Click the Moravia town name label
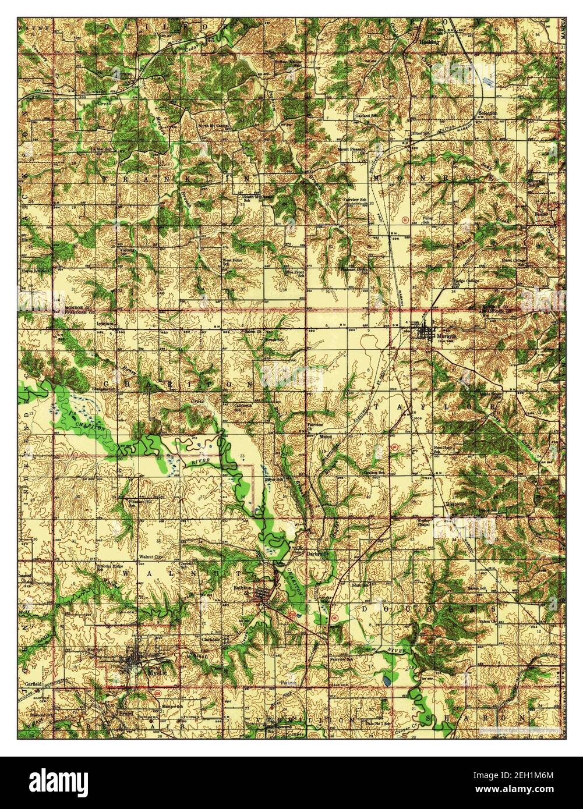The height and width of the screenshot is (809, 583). click(432, 337)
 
